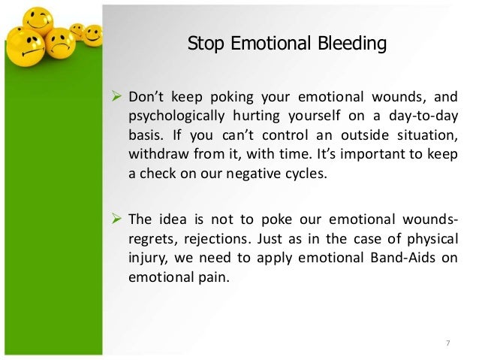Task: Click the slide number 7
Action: point(447,344)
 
